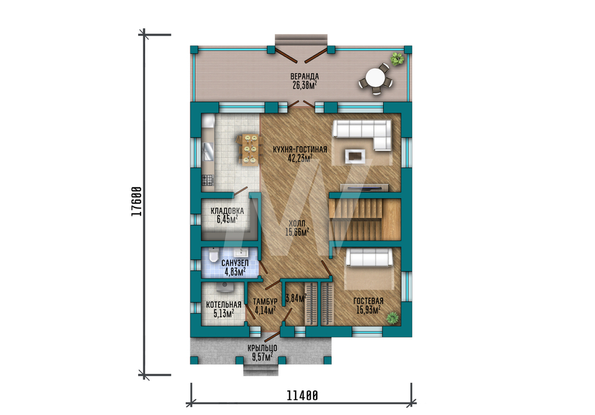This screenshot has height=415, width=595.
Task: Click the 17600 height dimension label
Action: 137,202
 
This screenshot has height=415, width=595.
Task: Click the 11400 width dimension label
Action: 302,395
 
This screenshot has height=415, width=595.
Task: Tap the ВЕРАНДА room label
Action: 305,77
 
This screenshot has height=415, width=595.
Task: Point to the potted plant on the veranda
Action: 397,59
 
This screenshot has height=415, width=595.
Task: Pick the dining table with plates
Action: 250,149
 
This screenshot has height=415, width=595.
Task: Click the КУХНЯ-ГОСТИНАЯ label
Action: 300,149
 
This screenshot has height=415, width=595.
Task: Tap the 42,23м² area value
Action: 300,158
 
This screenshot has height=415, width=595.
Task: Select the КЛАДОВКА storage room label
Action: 227,211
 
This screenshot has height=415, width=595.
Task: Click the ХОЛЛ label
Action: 297,224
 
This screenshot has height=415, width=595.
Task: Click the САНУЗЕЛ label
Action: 235,263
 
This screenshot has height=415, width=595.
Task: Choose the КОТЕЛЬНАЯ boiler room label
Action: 224,305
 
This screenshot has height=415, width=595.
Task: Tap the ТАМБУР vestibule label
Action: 265,301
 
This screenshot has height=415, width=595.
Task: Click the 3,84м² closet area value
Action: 296,298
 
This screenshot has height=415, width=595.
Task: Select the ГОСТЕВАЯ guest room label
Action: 368,301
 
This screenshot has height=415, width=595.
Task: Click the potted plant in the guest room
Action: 393,317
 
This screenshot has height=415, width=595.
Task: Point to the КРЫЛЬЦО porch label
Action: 262,348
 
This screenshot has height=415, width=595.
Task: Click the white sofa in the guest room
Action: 368,258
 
